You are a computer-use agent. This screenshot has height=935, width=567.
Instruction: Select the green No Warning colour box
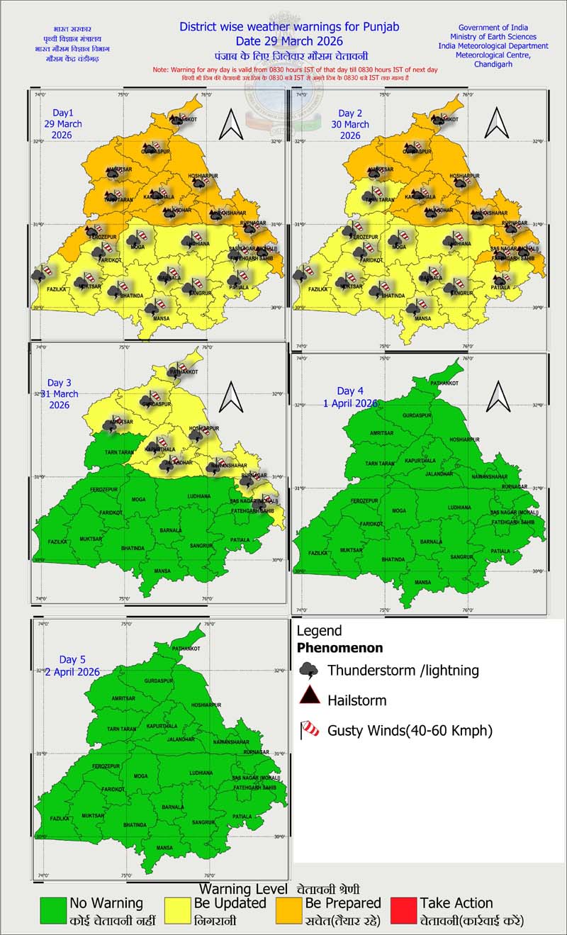[53, 912]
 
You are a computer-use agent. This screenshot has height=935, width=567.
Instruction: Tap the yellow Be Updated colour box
[177, 912]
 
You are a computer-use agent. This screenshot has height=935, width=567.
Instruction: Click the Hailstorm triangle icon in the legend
[310, 700]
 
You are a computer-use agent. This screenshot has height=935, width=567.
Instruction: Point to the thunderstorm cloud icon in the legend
[309, 669]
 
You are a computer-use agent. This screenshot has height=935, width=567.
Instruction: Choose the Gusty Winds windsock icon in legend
[310, 729]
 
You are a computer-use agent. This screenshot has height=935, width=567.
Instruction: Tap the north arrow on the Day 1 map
[231, 125]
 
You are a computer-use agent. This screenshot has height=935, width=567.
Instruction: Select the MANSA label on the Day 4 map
[423, 582]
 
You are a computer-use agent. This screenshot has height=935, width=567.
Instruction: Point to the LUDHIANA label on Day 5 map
[201, 773]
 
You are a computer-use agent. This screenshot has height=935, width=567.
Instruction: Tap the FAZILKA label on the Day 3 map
[57, 542]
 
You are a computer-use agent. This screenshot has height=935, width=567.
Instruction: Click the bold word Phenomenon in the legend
[339, 647]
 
